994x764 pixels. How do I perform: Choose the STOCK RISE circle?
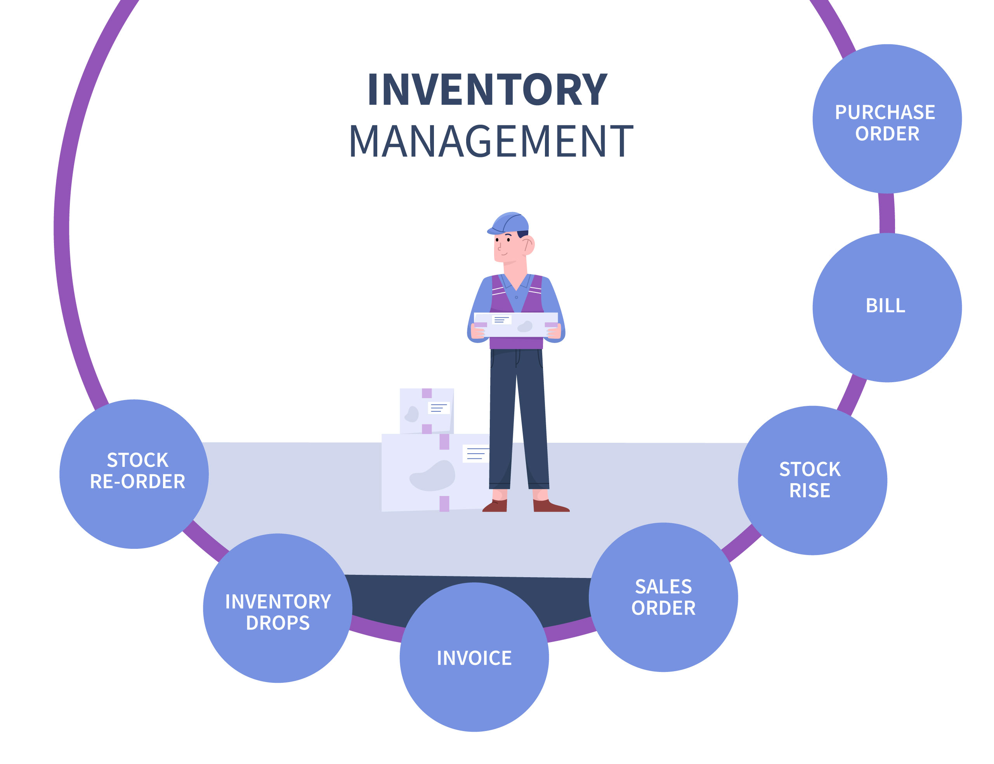tap(803, 476)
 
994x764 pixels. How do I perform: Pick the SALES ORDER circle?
tap(656, 591)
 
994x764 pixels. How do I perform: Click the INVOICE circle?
tap(469, 651)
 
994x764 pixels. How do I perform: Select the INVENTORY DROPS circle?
tap(274, 602)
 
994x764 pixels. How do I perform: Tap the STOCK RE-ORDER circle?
tap(133, 469)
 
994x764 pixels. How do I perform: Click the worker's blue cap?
tap(507, 220)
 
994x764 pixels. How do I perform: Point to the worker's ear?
tap(522, 242)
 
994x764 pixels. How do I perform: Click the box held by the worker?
tap(510, 321)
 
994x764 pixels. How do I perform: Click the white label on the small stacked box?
tap(434, 403)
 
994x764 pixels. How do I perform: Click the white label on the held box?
tap(496, 316)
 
